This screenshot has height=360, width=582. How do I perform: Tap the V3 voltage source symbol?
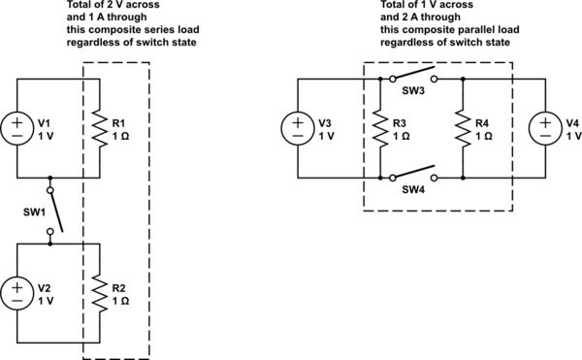[294, 129]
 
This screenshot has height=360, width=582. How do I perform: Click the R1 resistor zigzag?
[97, 129]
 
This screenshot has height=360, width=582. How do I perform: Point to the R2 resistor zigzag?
[97, 292]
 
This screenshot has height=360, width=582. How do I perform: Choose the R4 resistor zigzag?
[464, 129]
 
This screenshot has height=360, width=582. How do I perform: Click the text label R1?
[118, 123]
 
